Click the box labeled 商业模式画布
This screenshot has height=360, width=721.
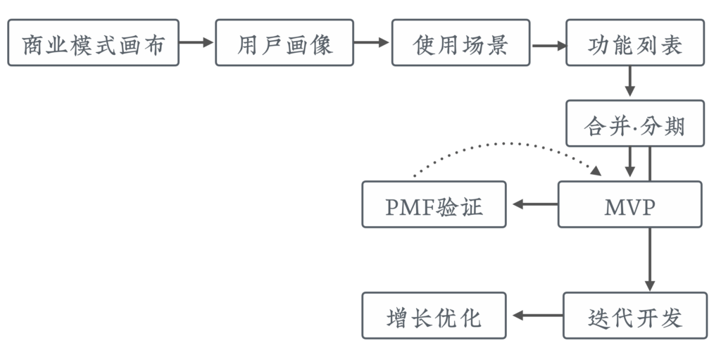pos(93,43)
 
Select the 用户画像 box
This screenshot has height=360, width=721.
pos(284,43)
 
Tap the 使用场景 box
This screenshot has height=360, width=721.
pos(460,43)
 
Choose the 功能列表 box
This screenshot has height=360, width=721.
pos(634,43)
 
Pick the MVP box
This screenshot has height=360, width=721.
pos(630,204)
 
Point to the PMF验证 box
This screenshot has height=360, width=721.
pos(434,204)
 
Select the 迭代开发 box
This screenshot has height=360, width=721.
pos(634,316)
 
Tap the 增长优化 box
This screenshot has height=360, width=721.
pos(434,316)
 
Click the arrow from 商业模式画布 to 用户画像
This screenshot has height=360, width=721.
pos(196,43)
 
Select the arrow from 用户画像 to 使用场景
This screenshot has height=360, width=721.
pos(372,43)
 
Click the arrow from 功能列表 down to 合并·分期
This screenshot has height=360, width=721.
pos(630,82)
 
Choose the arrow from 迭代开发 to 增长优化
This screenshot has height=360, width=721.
pos(537,316)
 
